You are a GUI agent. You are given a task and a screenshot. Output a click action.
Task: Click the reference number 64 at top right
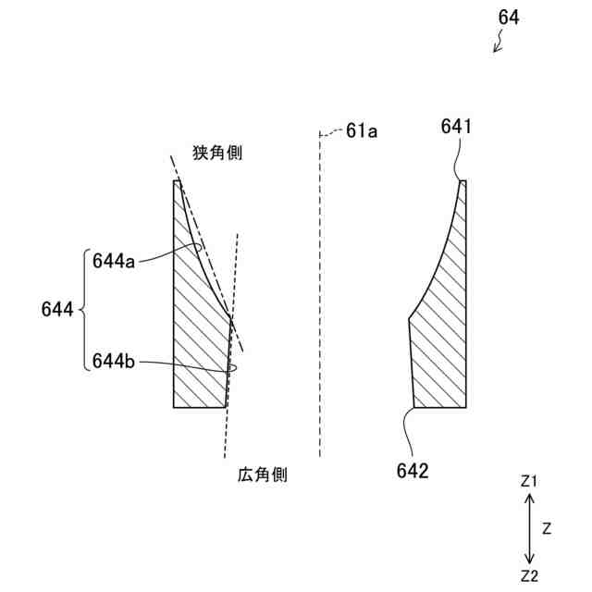(509, 18)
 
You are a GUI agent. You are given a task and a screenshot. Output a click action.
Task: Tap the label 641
(457, 128)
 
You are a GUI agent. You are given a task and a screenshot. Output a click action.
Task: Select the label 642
(413, 471)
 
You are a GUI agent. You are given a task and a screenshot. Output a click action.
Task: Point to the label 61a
(362, 131)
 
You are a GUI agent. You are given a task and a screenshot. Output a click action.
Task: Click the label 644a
(114, 261)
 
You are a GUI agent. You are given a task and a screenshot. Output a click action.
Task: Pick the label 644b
(114, 362)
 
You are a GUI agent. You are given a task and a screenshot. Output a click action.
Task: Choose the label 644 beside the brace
(57, 311)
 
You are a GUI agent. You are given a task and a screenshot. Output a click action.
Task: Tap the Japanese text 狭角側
(217, 154)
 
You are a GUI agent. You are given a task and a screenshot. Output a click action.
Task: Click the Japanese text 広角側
(263, 475)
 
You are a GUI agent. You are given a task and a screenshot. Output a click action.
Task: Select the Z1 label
(529, 481)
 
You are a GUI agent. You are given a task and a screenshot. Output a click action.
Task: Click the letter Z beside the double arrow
(547, 529)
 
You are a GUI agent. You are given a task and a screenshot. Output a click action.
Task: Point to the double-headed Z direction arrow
(529, 528)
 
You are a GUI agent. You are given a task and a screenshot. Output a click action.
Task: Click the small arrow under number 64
(498, 42)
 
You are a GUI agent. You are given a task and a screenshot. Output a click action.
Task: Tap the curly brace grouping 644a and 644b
(84, 311)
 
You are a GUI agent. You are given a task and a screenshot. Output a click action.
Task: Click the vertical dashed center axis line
(319, 296)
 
